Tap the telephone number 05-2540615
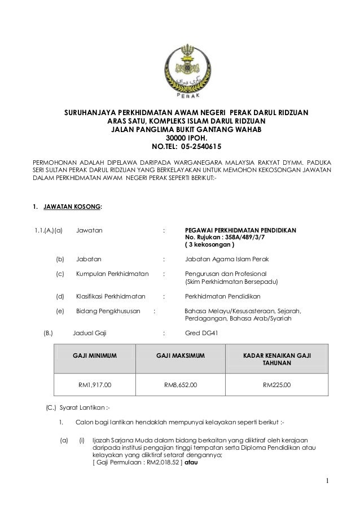click(204, 144)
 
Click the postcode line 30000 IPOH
click(186, 137)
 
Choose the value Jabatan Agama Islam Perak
click(227, 259)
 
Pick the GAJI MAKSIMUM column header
click(180, 356)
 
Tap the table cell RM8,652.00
click(180, 385)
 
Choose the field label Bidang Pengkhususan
click(108, 310)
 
